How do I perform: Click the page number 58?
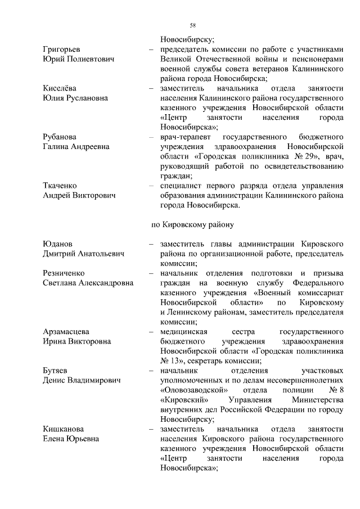tap(193, 25)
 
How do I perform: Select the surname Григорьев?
tap(62, 49)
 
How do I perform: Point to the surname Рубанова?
tap(61, 137)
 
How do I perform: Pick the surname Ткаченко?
tap(61, 186)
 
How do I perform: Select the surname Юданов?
tap(58, 245)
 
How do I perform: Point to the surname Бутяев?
tap(57, 371)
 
